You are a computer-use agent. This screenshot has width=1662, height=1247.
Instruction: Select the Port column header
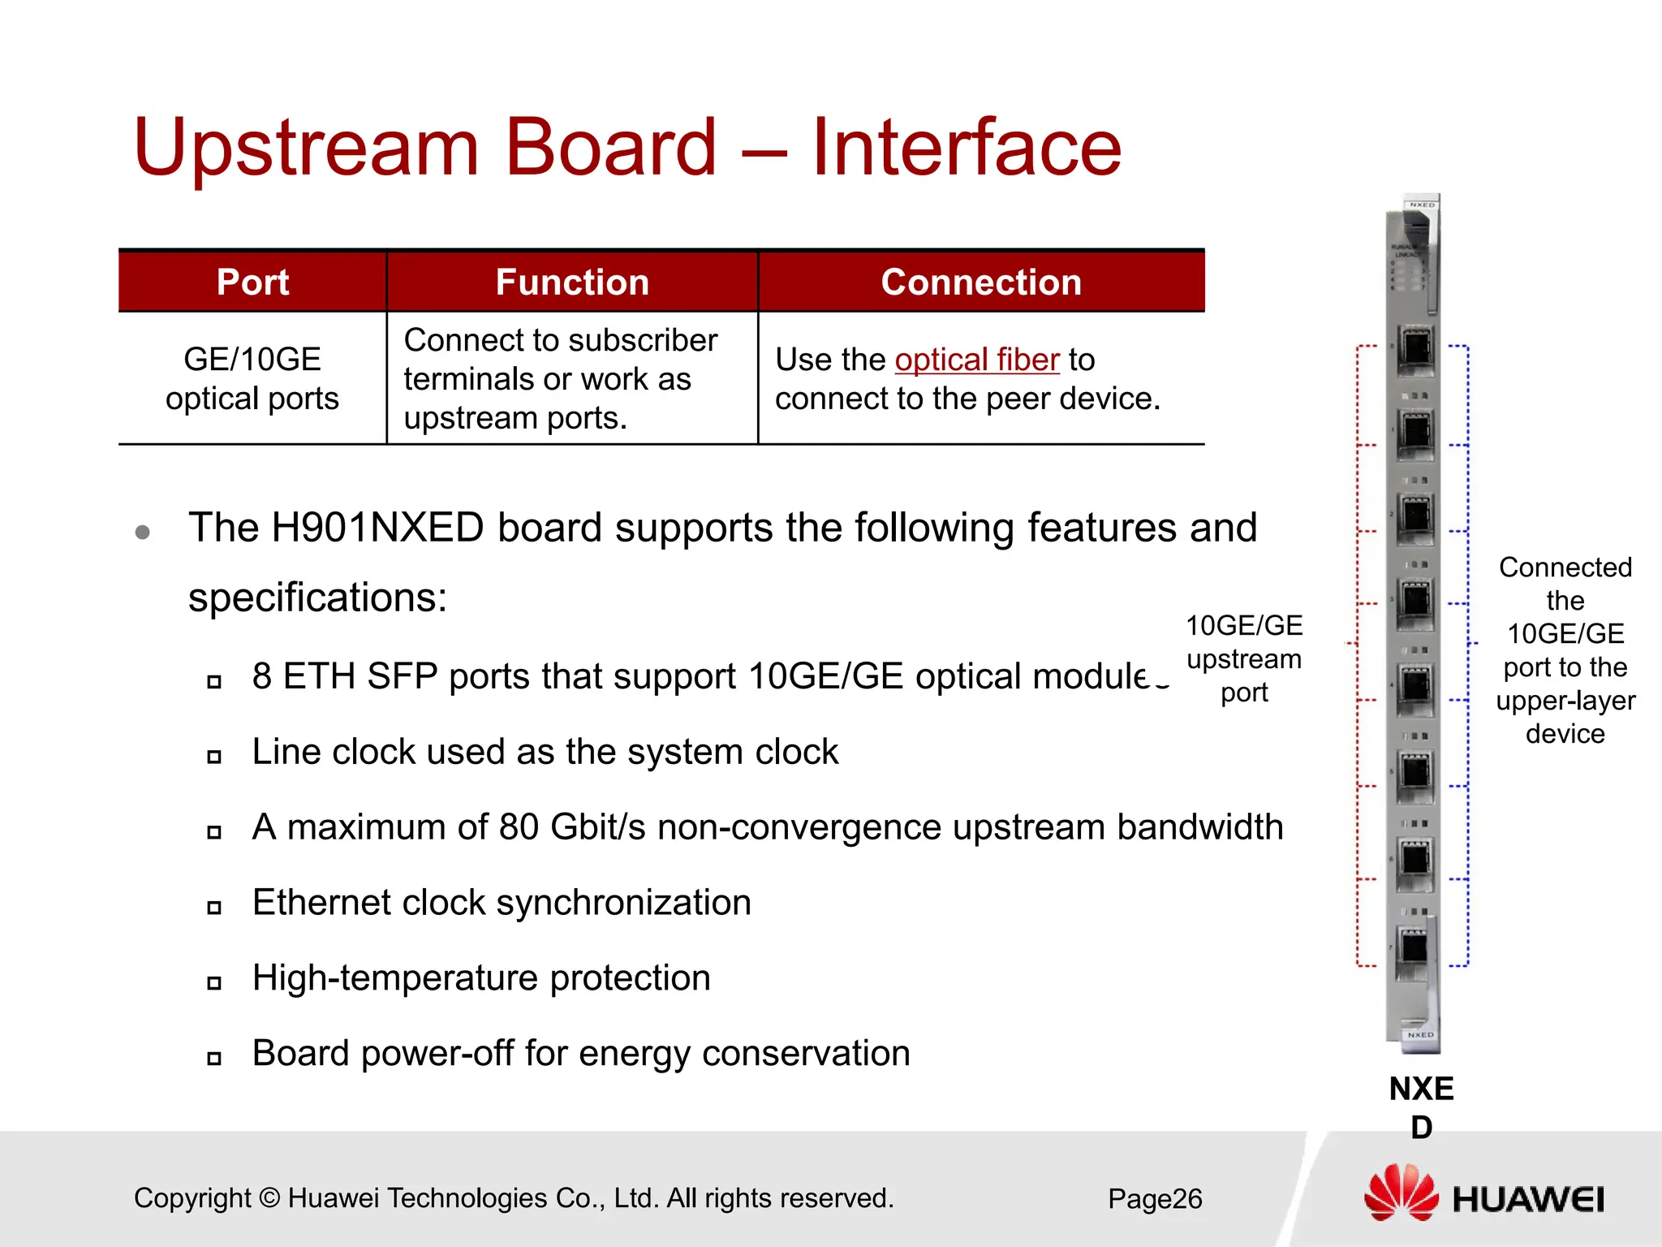(252, 283)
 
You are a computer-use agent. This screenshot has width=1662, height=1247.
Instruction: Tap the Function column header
(572, 283)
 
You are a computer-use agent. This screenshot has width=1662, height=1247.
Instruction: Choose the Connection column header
(981, 283)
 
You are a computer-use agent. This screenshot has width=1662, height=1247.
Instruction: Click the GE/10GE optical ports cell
(252, 378)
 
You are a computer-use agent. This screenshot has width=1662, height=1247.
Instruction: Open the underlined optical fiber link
(977, 360)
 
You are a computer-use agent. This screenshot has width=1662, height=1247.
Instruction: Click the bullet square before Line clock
(214, 757)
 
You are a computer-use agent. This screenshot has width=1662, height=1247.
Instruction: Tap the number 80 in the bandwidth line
(519, 827)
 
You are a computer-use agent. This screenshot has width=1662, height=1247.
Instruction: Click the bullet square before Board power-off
(214, 1058)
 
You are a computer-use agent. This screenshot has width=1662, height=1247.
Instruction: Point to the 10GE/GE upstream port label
(1244, 658)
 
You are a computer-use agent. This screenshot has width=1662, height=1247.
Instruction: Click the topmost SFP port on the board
(1416, 349)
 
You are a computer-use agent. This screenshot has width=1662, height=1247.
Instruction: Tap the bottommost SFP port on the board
(1414, 947)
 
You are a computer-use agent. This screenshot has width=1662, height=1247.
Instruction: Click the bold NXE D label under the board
(1421, 1107)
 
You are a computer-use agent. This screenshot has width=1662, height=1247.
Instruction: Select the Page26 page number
(1155, 1198)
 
